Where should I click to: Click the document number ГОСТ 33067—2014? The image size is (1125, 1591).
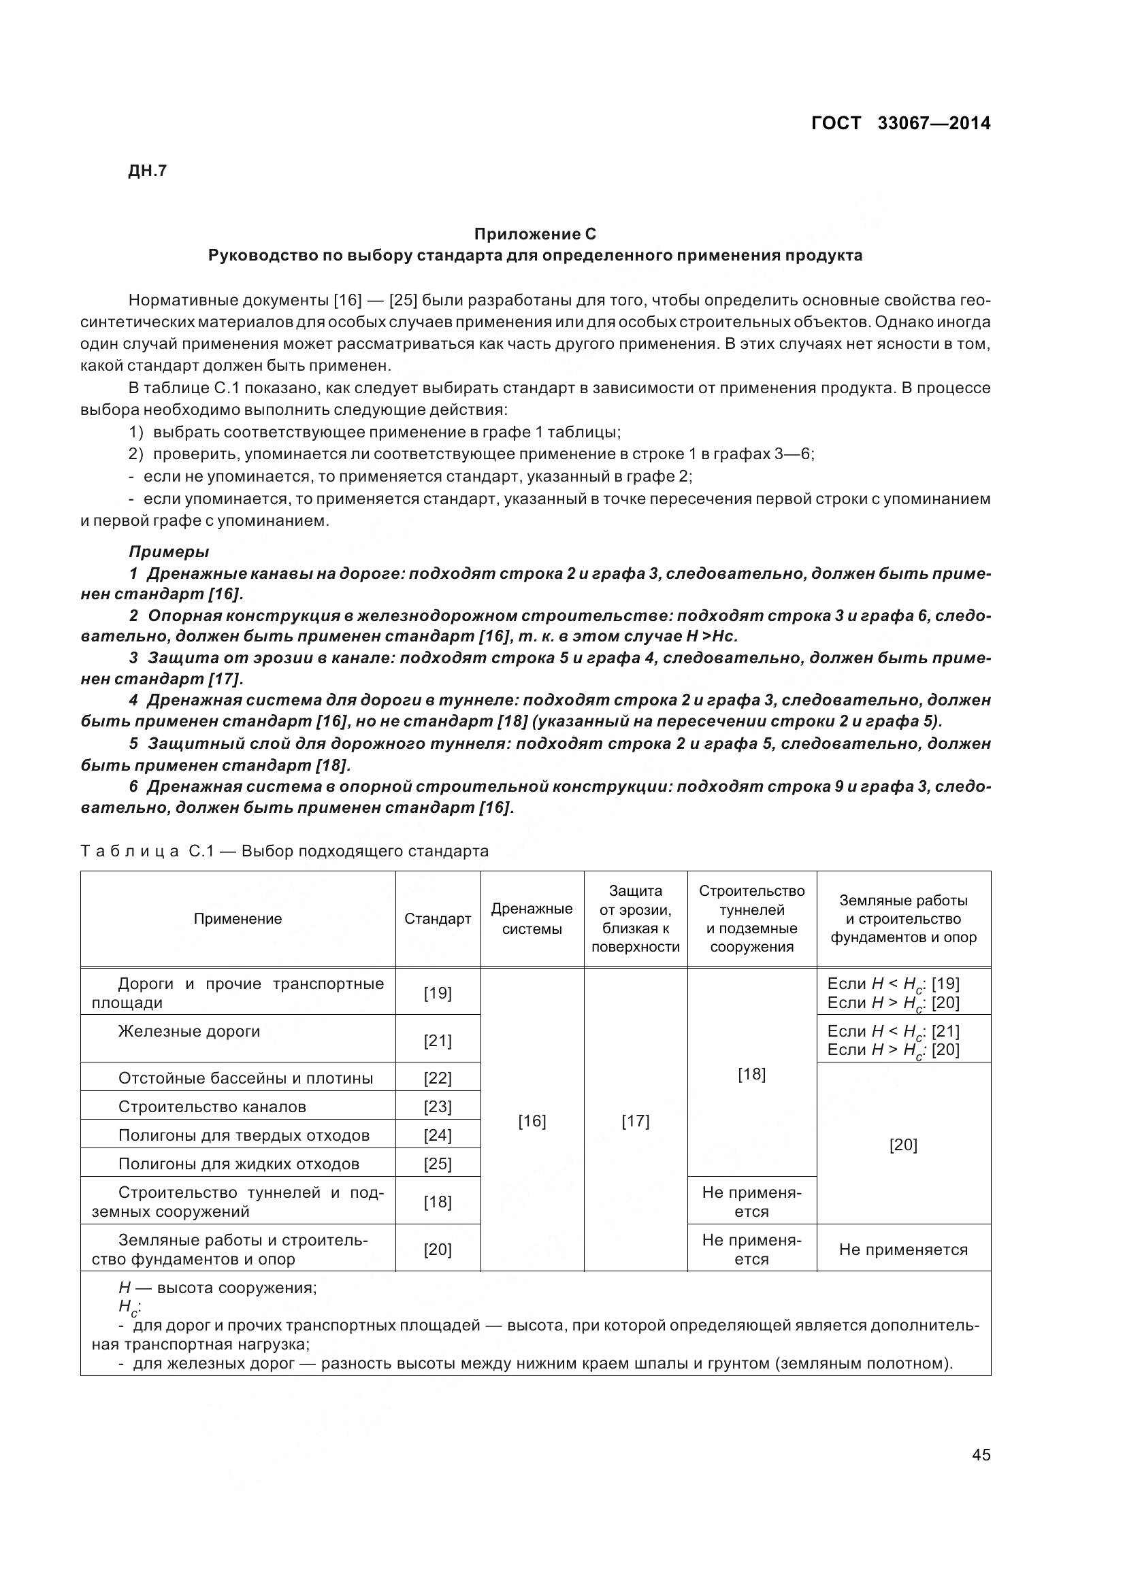click(x=900, y=123)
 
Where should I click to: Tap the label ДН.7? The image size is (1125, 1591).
click(x=148, y=171)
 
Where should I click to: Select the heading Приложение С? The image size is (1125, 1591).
click(x=534, y=233)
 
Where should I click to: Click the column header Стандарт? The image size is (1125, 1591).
click(x=438, y=919)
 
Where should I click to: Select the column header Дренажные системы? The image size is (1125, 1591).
click(x=532, y=919)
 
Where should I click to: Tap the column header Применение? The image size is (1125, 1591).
click(x=238, y=919)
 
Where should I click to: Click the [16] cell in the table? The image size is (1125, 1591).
click(x=532, y=1121)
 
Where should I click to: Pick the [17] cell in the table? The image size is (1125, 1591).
click(x=635, y=1121)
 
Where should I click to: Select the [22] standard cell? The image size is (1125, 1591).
click(x=438, y=1078)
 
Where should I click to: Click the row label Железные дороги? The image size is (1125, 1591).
click(x=189, y=1031)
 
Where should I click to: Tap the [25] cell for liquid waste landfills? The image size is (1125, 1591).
click(x=438, y=1163)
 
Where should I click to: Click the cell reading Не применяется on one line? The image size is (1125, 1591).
click(x=903, y=1250)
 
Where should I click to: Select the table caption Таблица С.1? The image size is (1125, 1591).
click(x=284, y=851)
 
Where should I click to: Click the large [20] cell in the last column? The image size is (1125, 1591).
click(x=903, y=1145)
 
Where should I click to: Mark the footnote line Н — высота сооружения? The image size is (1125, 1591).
click(x=218, y=1288)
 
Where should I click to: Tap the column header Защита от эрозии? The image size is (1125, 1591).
click(x=635, y=919)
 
